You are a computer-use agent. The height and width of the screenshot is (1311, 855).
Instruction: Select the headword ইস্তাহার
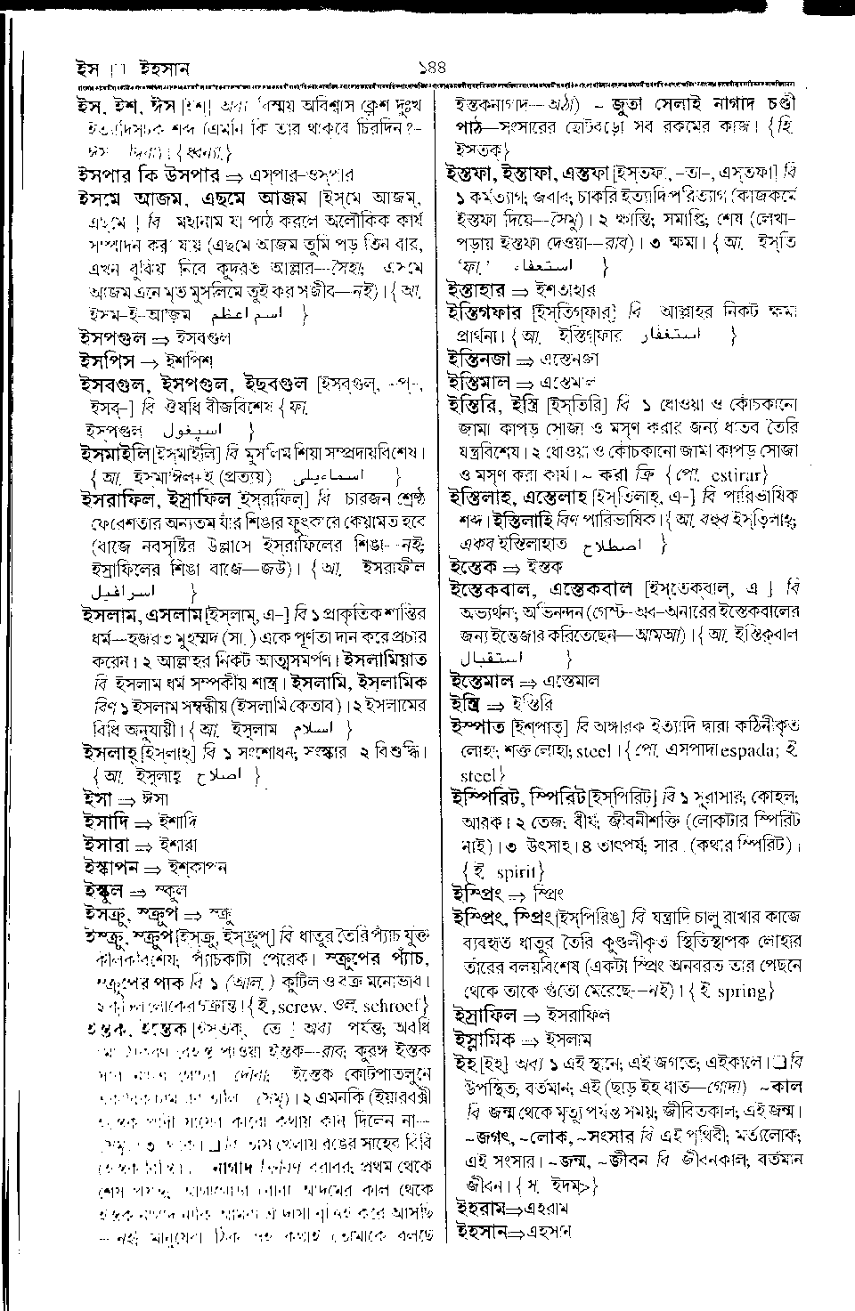tap(476, 289)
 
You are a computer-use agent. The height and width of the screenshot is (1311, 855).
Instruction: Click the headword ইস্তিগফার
tap(486, 312)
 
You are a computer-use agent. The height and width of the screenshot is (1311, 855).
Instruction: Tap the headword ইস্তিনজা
tap(478, 360)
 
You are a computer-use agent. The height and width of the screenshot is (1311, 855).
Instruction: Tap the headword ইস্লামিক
tap(484, 1038)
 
